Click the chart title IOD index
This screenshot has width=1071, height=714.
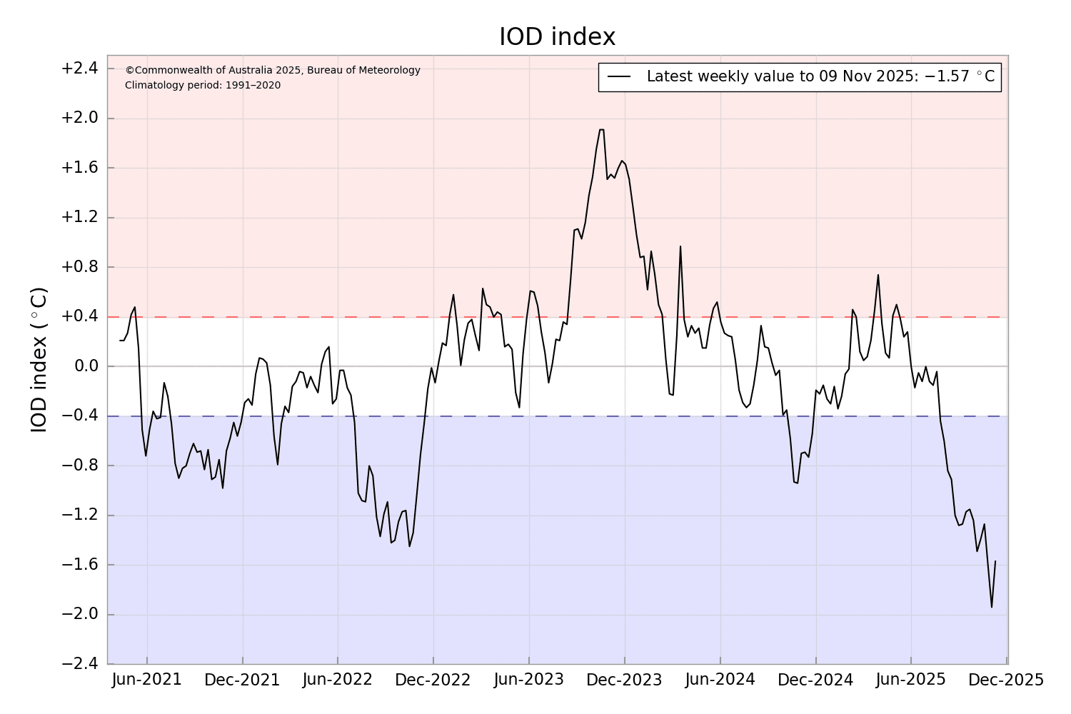[557, 36]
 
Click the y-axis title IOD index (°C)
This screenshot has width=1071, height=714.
[39, 359]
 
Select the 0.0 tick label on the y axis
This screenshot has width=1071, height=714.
[84, 366]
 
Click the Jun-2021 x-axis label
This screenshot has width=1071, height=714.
[147, 680]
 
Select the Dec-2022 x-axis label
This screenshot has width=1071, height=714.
[433, 680]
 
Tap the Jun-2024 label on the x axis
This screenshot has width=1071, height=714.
[720, 680]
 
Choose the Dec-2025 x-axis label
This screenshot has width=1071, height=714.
[1005, 680]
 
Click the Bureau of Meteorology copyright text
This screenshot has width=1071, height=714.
[273, 70]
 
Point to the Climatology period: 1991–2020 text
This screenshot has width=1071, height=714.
[203, 86]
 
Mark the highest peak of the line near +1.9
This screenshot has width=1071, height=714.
[601, 130]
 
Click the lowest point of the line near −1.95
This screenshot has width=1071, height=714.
[992, 608]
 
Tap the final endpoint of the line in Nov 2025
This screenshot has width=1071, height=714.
[995, 561]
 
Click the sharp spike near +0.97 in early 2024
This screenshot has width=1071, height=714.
[680, 246]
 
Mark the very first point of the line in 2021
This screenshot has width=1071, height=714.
[120, 341]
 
